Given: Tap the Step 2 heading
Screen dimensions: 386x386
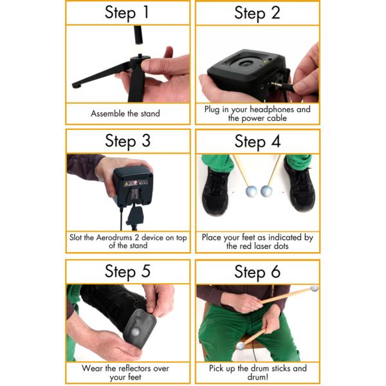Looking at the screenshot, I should [x=257, y=13].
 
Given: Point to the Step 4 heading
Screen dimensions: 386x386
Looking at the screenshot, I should [x=257, y=141].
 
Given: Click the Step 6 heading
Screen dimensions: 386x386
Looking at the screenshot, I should [x=257, y=271].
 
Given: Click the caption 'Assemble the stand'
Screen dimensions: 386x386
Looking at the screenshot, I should [x=125, y=114].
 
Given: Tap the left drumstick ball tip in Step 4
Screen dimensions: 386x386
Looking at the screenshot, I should [x=252, y=192].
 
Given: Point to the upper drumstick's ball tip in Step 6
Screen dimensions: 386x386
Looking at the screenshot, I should [x=314, y=289].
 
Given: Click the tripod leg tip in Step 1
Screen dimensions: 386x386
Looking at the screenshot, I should [x=75, y=84].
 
